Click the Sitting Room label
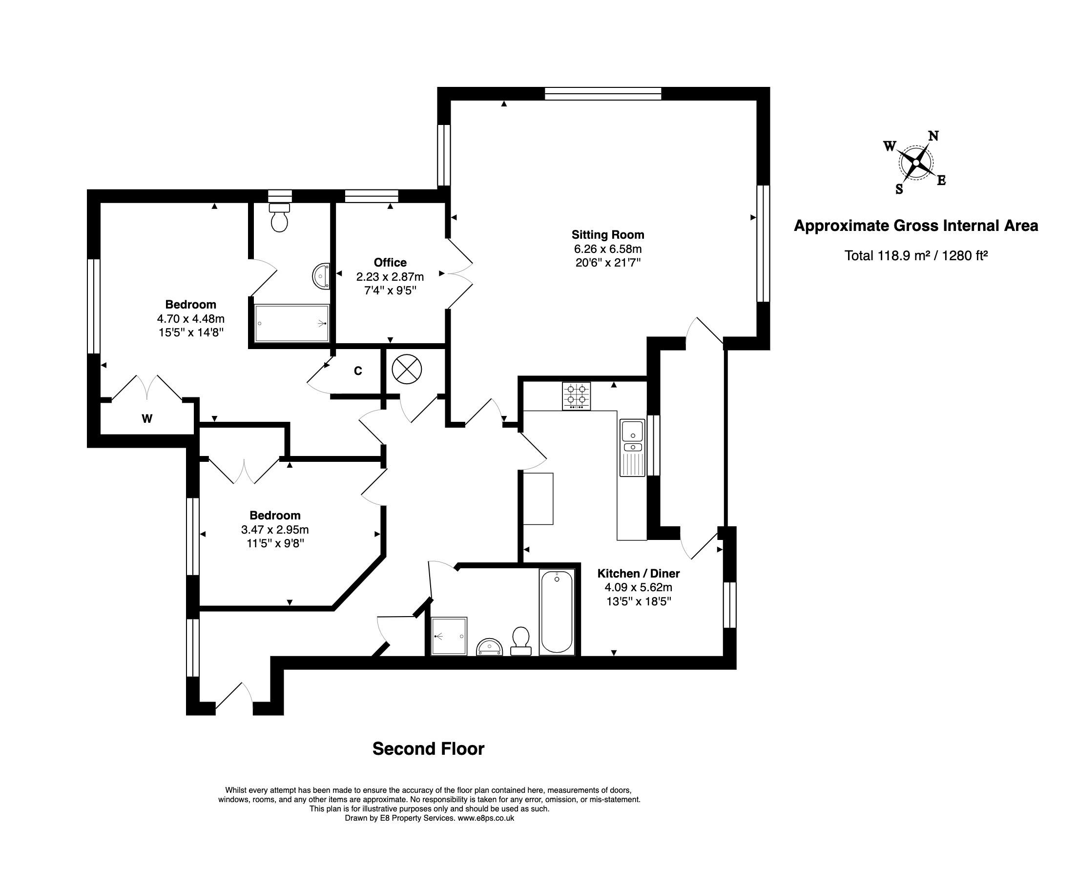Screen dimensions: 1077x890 607,235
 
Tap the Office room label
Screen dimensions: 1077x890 390,263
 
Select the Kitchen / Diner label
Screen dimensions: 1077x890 639,573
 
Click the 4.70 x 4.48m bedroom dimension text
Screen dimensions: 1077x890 191,318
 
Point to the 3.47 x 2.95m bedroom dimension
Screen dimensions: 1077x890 275,529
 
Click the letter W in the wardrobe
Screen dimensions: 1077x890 147,419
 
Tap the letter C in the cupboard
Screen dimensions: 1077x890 358,371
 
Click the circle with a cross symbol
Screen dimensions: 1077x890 407,369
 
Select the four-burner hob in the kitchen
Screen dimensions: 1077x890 576,396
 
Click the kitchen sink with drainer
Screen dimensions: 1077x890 633,448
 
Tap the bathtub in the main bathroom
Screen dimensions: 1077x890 557,611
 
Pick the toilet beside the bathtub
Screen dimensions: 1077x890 521,641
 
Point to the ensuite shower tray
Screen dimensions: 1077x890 291,323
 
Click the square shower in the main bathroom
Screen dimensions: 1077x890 449,636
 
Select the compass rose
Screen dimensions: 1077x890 915,163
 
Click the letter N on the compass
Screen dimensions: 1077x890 933,136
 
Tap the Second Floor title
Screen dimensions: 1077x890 428,749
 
